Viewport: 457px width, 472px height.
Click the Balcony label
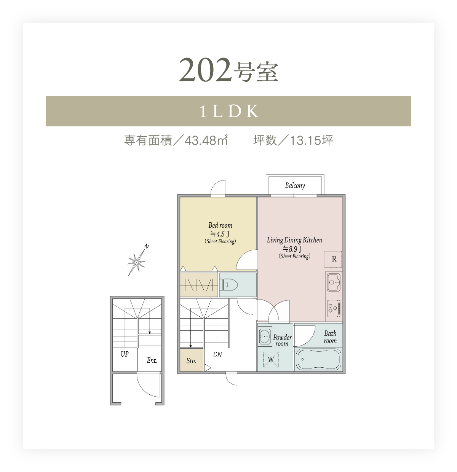(x=295, y=185)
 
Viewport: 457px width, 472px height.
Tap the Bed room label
(x=220, y=225)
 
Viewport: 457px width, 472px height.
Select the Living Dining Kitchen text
(x=294, y=240)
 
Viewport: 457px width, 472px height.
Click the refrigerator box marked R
(x=333, y=259)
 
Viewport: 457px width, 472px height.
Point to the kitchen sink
(x=334, y=282)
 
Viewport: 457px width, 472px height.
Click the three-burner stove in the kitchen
(x=334, y=308)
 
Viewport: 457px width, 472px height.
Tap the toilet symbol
(x=228, y=284)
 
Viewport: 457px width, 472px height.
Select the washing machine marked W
(x=271, y=359)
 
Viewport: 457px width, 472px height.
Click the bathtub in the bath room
(x=318, y=359)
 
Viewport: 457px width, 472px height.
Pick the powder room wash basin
(x=265, y=336)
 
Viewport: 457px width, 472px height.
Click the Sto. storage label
(x=191, y=361)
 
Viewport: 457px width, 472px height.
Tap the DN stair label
(x=217, y=355)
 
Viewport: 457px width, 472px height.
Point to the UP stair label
(x=125, y=354)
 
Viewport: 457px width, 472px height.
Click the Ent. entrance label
(x=152, y=360)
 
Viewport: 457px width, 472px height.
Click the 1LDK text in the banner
(x=229, y=111)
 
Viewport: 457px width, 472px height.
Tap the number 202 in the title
(x=205, y=70)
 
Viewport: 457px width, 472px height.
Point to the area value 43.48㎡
(x=206, y=140)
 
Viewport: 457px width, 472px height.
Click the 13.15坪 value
(x=312, y=140)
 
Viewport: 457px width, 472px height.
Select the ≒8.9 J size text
(x=292, y=249)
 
